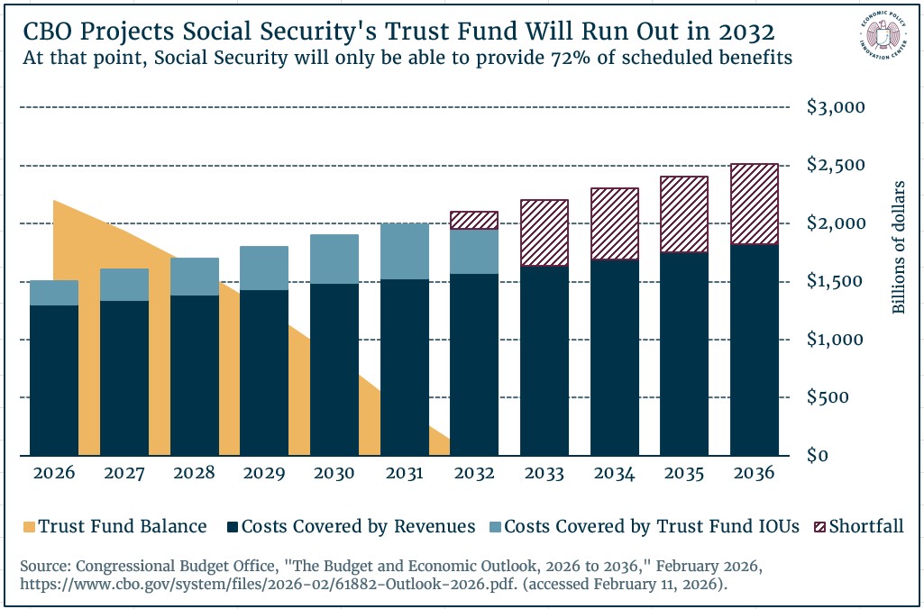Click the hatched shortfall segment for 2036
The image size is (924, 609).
click(x=755, y=205)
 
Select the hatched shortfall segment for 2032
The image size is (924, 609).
click(x=474, y=221)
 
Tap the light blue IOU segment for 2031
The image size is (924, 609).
click(x=404, y=251)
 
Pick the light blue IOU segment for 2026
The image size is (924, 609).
click(x=54, y=293)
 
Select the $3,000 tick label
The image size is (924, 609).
click(x=836, y=107)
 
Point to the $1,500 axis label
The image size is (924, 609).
click(x=836, y=281)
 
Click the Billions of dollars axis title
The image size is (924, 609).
click(x=898, y=248)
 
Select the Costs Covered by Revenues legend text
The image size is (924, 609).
click(x=359, y=527)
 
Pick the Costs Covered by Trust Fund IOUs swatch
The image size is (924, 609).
click(x=493, y=527)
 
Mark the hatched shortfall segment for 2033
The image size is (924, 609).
click(x=544, y=233)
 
